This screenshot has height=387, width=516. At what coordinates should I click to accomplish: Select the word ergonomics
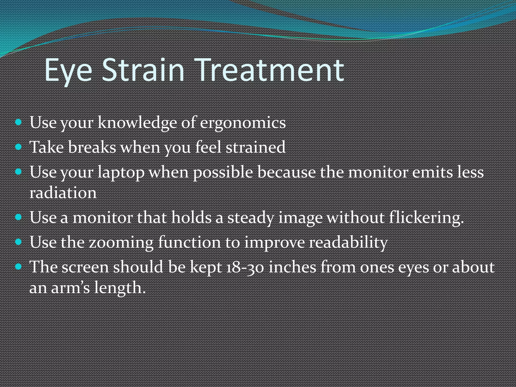click(243, 123)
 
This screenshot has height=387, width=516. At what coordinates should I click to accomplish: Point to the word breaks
click(92, 147)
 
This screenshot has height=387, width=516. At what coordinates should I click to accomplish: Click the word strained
click(255, 147)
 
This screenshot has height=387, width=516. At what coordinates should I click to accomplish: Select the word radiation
click(63, 193)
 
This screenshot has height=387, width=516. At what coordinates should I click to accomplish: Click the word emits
click(432, 173)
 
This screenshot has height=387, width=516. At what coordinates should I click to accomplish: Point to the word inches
click(292, 267)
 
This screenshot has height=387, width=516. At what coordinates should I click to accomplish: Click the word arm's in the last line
click(70, 288)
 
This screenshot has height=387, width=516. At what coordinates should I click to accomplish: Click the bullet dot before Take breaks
click(18, 147)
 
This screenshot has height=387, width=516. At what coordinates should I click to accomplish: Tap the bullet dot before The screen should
click(18, 267)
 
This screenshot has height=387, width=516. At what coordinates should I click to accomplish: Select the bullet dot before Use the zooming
click(18, 242)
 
